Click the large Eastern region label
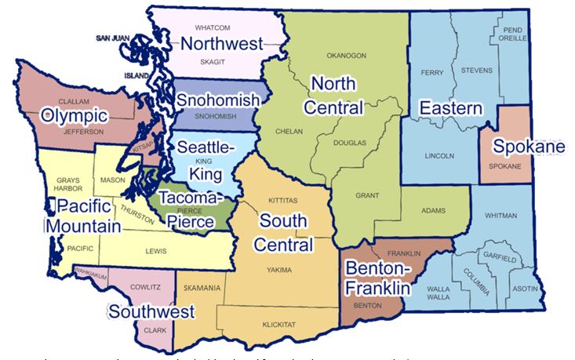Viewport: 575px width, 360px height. [449, 107]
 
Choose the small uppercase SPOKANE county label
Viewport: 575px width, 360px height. [504, 166]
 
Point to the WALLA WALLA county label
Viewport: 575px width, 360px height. [439, 293]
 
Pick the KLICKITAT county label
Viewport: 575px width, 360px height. [278, 322]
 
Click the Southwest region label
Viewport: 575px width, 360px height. [151, 312]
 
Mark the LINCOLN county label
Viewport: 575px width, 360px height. [439, 155]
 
